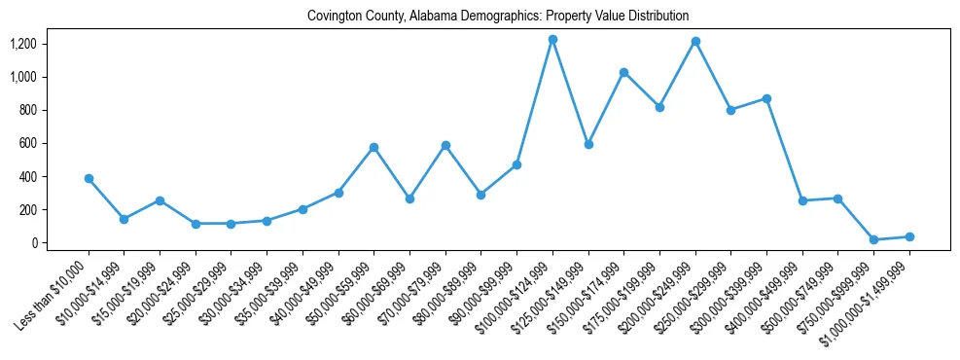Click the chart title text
tap(497, 16)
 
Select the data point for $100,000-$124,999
tap(552, 40)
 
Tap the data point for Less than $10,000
tap(89, 179)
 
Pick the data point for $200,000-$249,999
tap(695, 42)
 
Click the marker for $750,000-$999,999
tap(873, 239)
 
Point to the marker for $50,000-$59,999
tap(373, 147)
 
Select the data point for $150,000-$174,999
tap(623, 73)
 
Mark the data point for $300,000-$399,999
tap(766, 98)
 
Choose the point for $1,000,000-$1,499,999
tap(909, 236)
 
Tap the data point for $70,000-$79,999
tap(445, 145)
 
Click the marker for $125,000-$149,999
tap(588, 144)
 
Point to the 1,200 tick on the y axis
tap(22, 44)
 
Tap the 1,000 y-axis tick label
tap(22, 77)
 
